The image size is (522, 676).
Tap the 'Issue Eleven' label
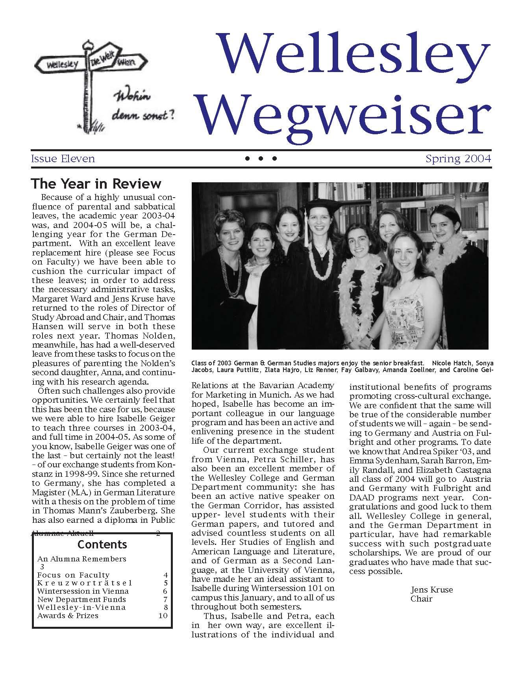(63, 159)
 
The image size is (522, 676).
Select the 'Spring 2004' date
(458, 159)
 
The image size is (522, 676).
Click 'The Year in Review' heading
(96, 184)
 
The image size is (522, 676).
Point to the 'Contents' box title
(102, 545)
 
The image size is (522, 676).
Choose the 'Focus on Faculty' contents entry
(73, 575)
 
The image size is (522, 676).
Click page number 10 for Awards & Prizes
(163, 616)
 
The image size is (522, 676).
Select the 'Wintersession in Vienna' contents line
(83, 591)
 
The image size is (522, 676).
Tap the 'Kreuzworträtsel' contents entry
(85, 583)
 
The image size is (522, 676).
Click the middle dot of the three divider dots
(261, 159)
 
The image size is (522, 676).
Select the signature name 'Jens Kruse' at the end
(431, 590)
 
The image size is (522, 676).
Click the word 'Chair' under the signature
(421, 599)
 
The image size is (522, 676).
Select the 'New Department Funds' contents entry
(81, 600)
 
